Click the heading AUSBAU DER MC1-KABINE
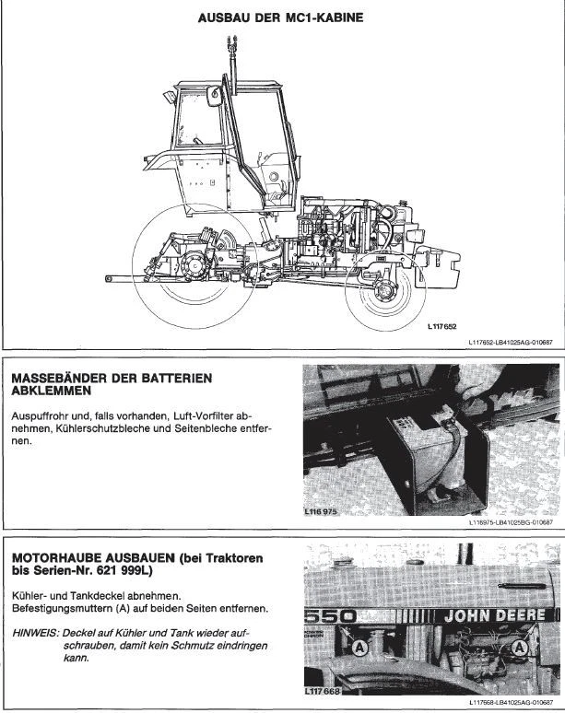click(x=282, y=17)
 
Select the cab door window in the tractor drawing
click(x=201, y=118)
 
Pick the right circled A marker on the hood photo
click(x=521, y=650)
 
